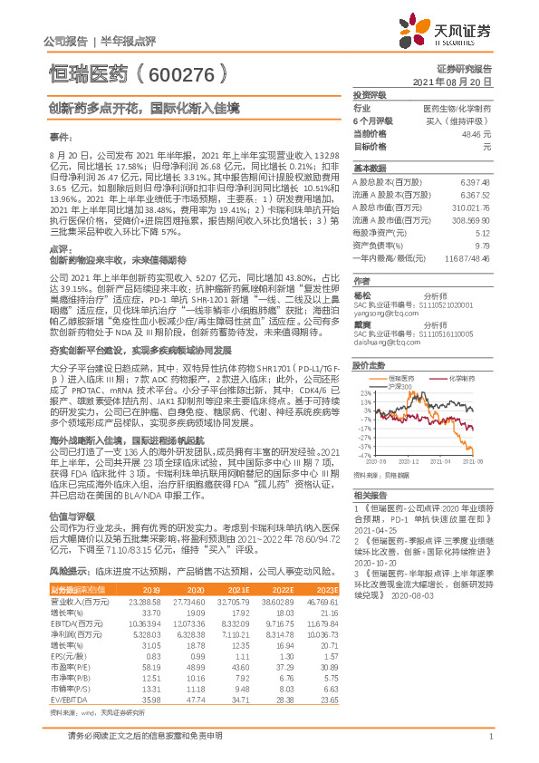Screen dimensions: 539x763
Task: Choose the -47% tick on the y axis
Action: pyautogui.click(x=364, y=455)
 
